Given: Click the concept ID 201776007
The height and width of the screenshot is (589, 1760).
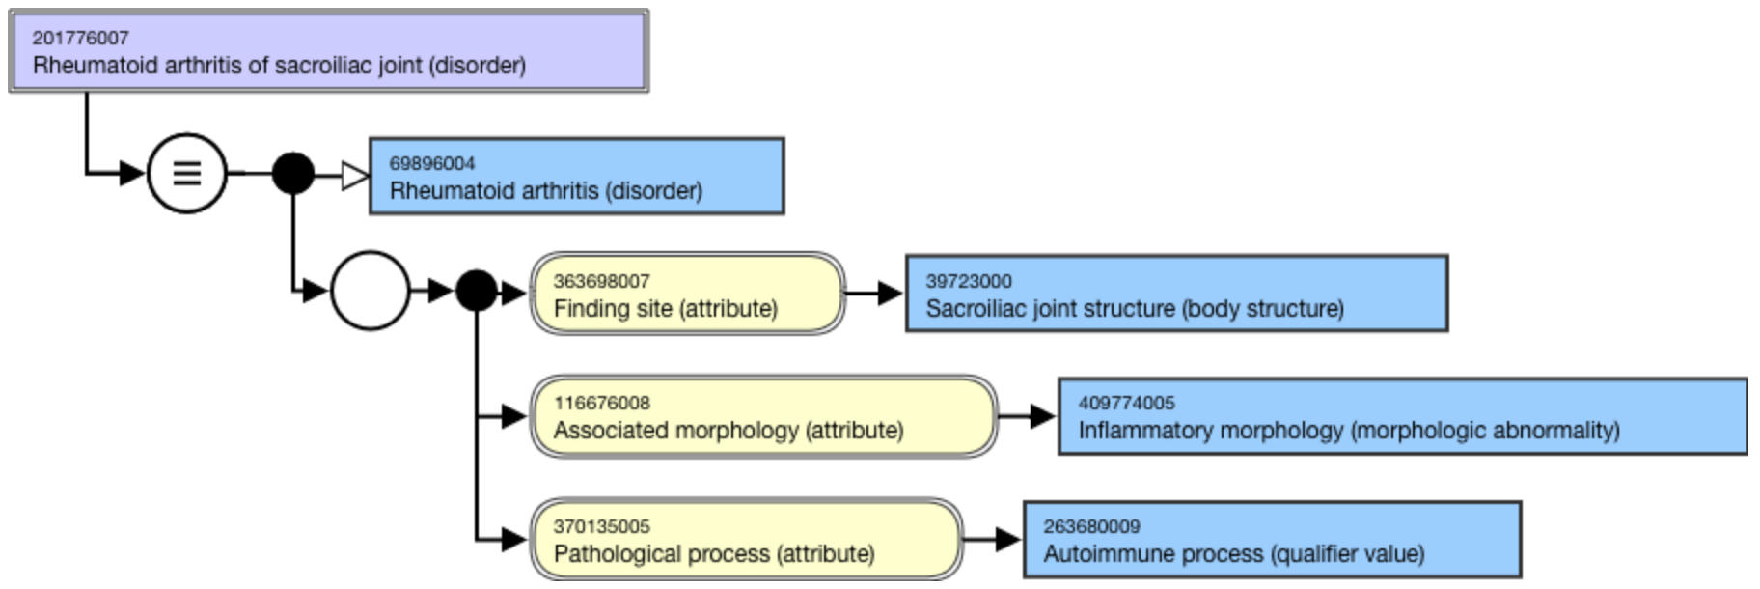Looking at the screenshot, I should coord(80,38).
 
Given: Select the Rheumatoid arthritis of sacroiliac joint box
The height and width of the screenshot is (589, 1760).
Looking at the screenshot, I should coord(328,52).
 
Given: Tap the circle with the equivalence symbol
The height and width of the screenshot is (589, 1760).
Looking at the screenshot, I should coord(187,174).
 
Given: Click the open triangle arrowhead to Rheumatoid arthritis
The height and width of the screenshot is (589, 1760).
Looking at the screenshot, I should coord(354,176).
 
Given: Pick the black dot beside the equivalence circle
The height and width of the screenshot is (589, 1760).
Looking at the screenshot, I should coord(293,174).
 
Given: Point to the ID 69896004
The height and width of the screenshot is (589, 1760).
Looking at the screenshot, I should coord(432,163).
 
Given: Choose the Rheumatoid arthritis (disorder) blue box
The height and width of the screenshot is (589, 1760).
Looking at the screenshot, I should coord(576,177).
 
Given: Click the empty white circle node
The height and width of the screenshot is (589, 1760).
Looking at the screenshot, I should coord(370,291).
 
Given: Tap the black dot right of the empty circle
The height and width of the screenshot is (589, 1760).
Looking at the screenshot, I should coord(476,291).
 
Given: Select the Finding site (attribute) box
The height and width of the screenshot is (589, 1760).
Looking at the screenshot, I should coord(687,294).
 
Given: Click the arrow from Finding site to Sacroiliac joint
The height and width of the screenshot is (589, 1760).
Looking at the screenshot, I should coord(876,294).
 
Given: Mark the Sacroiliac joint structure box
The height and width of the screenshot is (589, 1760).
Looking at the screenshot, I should coord(1176,294).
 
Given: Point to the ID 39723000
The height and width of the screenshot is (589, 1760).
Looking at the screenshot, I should coord(969,281).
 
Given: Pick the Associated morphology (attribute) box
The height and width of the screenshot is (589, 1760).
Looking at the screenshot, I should coord(763,417).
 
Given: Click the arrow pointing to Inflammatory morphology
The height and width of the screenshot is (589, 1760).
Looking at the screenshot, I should coord(1029,417).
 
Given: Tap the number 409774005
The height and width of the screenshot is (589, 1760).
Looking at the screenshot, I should coord(1126,403).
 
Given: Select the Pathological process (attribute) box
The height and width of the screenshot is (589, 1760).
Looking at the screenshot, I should coord(746,540).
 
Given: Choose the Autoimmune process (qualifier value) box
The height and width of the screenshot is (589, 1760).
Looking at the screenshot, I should coord(1272,540).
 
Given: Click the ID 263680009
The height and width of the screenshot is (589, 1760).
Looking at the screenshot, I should coord(1091,526).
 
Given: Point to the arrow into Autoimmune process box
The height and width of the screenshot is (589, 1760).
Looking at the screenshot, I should coord(994,540).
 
